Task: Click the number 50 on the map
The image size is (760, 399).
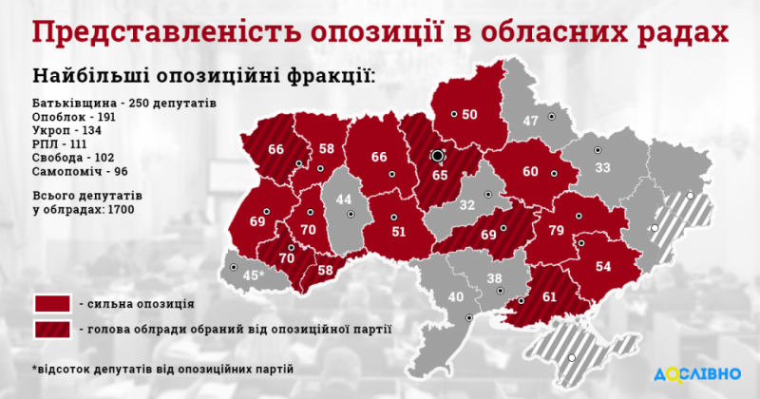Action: tap(469, 115)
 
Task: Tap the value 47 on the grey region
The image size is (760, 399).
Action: tap(530, 121)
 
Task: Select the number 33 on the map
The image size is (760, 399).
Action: tap(602, 168)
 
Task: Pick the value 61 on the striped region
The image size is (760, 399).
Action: tap(549, 296)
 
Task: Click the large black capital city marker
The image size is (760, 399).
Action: tap(437, 156)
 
